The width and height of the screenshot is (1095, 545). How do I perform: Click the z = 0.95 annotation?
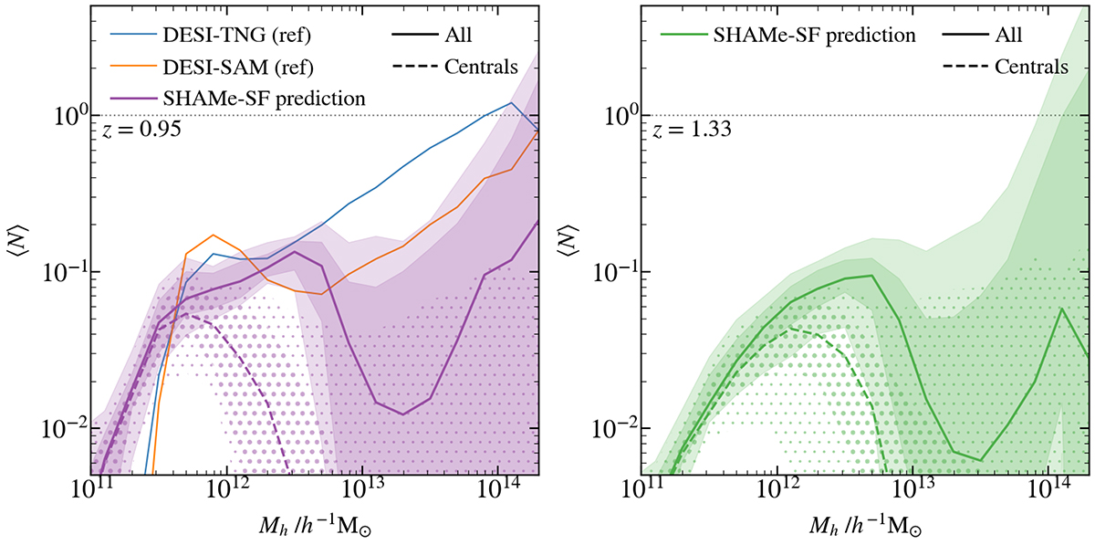coord(140,130)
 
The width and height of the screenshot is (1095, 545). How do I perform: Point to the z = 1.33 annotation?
coord(686,130)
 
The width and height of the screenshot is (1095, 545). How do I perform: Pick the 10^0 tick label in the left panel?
coord(68,116)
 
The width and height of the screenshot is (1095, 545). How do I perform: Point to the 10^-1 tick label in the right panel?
coord(612,272)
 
